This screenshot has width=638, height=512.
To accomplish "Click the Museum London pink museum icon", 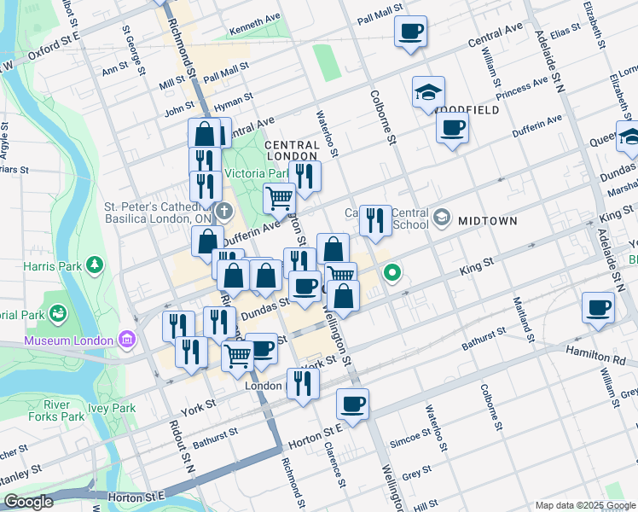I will click(127, 340).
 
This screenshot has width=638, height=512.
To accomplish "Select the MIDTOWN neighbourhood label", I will click(487, 221).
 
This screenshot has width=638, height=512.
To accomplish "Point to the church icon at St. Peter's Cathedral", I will click(223, 210).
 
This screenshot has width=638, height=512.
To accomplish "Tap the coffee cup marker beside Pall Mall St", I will click(410, 32).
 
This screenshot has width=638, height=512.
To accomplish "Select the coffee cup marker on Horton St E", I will click(351, 404).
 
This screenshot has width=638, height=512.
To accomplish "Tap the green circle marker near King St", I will click(392, 274).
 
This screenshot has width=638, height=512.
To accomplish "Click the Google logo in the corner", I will click(28, 502).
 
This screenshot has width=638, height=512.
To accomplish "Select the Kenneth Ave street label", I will click(254, 36).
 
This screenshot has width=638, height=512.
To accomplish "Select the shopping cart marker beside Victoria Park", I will click(280, 199).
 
